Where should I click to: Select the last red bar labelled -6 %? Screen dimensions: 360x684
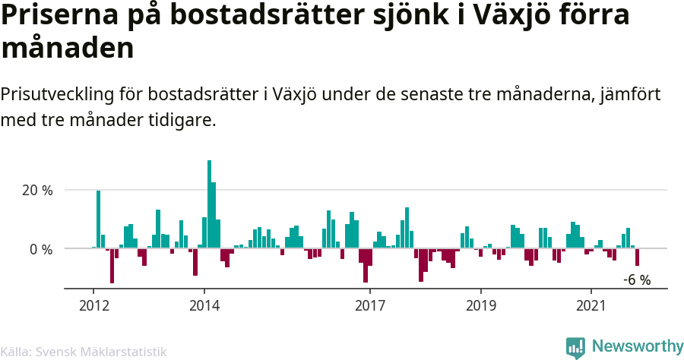click(x=637, y=257)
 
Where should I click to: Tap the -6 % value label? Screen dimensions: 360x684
click(x=637, y=279)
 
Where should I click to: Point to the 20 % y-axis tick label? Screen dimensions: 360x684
click(x=36, y=190)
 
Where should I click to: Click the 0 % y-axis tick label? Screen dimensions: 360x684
click(x=40, y=249)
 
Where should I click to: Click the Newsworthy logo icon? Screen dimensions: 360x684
click(x=575, y=347)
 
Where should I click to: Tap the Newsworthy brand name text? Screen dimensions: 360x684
click(x=637, y=347)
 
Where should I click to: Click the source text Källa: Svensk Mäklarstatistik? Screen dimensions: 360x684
click(x=83, y=352)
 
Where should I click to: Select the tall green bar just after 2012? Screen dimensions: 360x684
click(x=98, y=219)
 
